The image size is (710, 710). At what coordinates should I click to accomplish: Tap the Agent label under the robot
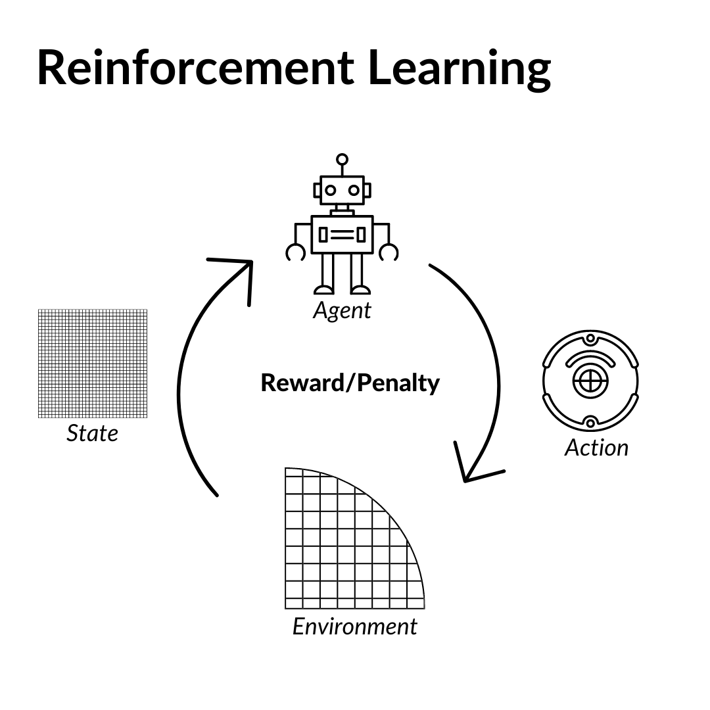coord(342,310)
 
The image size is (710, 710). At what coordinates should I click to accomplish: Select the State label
coord(93,433)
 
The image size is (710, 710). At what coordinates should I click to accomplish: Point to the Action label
coord(596,448)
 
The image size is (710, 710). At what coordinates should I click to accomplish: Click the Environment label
coord(354,626)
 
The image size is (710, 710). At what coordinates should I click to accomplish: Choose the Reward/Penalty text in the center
coord(350,383)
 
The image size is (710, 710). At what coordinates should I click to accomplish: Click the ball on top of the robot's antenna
coord(342,159)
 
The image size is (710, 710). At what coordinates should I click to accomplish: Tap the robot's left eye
coord(330,191)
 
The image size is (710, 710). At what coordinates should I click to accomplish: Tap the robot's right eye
coord(354,191)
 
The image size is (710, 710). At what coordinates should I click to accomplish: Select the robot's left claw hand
coord(295,252)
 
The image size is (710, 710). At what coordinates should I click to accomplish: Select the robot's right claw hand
coord(389,252)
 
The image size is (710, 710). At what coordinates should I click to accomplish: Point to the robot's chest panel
coord(342,235)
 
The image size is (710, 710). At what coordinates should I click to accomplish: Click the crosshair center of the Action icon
coord(590,381)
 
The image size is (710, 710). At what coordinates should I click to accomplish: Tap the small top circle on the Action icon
coord(590,339)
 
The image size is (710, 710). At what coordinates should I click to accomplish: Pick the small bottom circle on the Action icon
coord(590,423)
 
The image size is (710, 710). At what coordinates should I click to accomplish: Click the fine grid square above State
coord(93,363)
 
